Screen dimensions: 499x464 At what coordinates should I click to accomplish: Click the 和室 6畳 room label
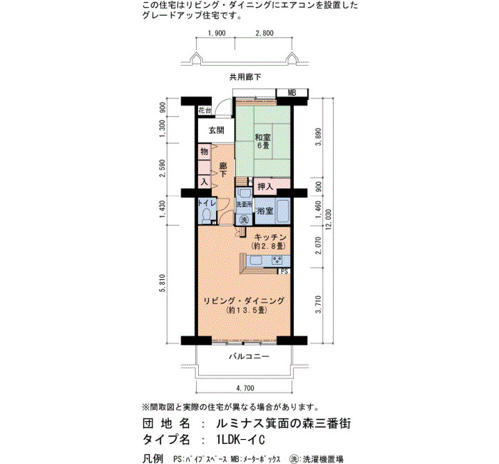pos(262,141)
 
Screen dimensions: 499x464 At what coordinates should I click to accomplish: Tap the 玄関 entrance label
pos(217,130)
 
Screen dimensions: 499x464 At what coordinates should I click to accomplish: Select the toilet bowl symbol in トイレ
pos(207,215)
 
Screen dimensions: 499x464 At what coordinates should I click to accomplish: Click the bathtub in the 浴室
pos(282,211)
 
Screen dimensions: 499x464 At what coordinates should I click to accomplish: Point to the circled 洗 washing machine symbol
pos(244,219)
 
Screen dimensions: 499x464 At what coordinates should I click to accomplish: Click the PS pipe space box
pos(284,271)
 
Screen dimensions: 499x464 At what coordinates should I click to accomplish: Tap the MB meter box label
pos(292,93)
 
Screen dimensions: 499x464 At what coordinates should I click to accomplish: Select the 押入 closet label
pos(265,187)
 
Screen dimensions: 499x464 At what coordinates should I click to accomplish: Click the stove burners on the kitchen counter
pos(277,261)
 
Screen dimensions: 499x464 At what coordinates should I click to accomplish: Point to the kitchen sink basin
pos(255,261)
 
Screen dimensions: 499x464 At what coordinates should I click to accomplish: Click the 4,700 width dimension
pos(245,388)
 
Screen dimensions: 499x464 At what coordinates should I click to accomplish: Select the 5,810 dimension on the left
pos(163,283)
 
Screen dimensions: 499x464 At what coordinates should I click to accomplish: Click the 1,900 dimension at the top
pos(217,33)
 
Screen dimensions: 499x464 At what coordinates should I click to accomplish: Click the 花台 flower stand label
pos(205,111)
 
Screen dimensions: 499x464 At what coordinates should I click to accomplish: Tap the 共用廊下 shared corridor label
pos(245,77)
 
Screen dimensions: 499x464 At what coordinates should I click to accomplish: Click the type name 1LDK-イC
pos(240,440)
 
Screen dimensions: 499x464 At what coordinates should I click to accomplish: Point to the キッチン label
pos(270,238)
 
